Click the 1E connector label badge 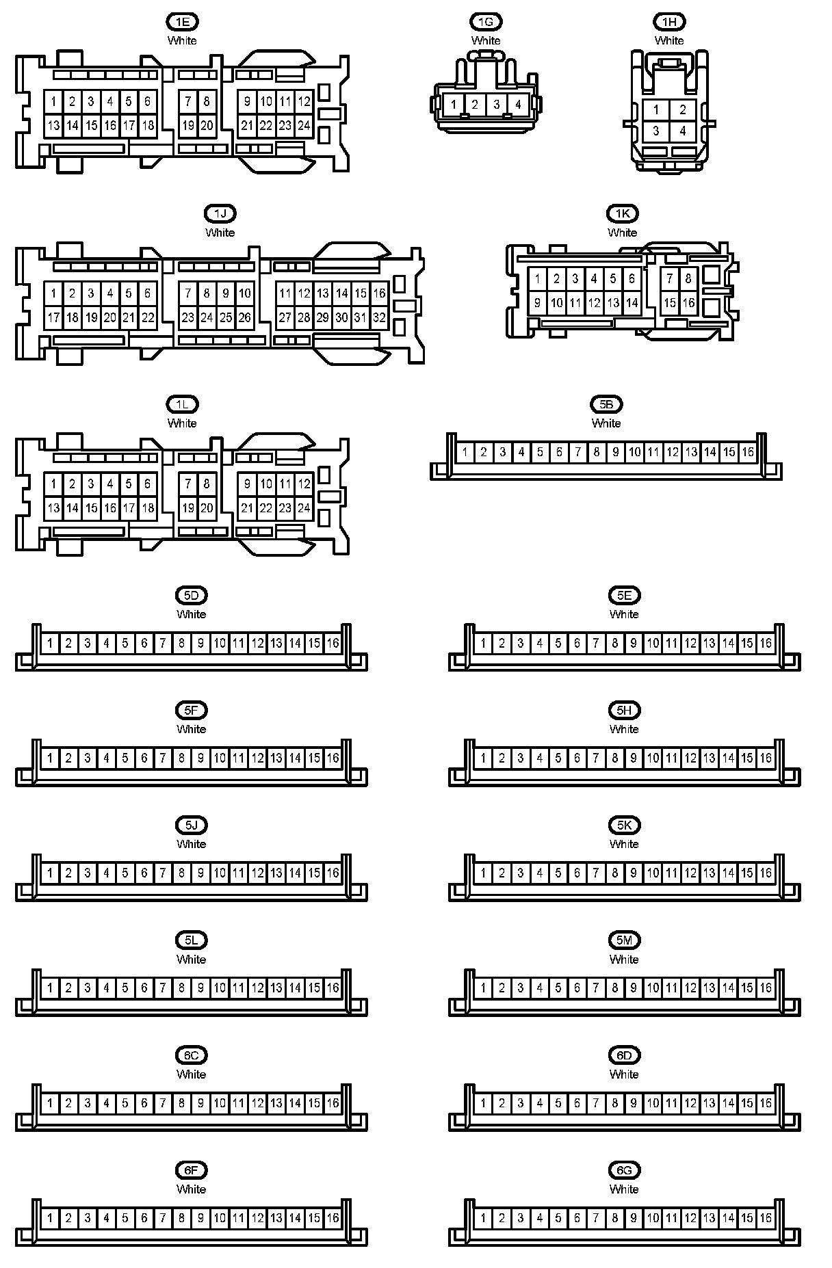[x=182, y=22]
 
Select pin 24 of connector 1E [x=304, y=126]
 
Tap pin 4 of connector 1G [x=518, y=105]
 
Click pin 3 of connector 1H [x=656, y=131]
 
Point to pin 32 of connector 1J [x=379, y=317]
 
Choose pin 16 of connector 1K [x=688, y=302]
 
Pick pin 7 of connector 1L [x=188, y=484]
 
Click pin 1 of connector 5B [x=465, y=452]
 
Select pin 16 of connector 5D [x=333, y=643]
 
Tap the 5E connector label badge [x=624, y=596]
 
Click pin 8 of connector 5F [x=182, y=758]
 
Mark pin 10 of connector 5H [x=653, y=758]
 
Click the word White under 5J [x=191, y=844]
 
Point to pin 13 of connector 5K [x=710, y=873]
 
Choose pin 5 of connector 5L [x=125, y=988]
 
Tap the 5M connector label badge [x=624, y=940]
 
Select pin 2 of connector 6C [x=68, y=1102]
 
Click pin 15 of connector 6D [x=747, y=1102]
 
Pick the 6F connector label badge [x=191, y=1170]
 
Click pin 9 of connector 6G [x=634, y=1217]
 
